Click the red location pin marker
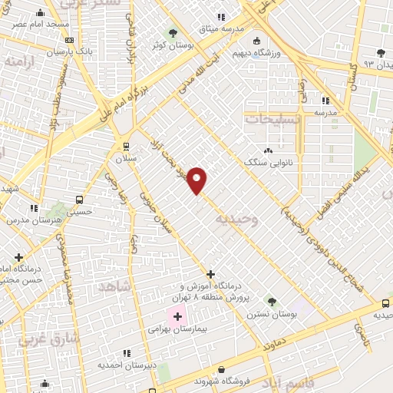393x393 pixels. pos(197,180)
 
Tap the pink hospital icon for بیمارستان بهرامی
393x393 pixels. pos(177,316)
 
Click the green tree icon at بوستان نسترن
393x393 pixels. pos(270,300)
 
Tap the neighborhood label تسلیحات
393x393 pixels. pos(269,120)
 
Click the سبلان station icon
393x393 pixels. pos(126,146)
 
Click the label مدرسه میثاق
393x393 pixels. pos(221,28)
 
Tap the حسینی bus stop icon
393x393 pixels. pos(79,200)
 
